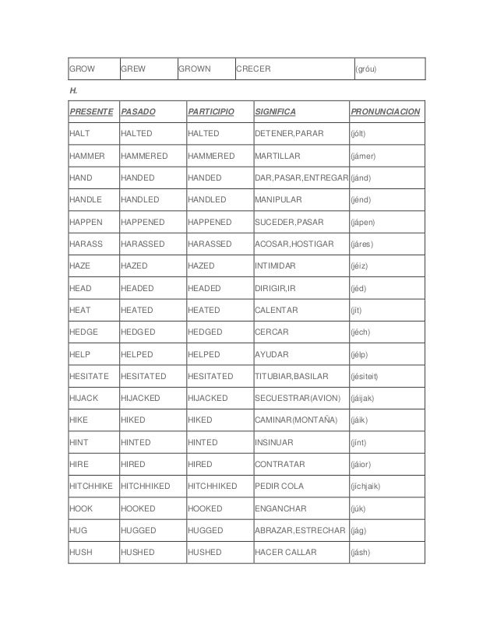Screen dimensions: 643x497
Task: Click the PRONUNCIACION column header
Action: pos(386,112)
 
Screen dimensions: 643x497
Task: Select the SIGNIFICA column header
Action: pos(275,112)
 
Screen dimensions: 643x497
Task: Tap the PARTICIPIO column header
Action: pos(210,112)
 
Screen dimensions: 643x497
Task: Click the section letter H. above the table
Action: pos(73,91)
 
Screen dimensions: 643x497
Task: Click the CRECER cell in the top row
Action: pos(253,69)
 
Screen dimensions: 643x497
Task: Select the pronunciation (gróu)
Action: pos(370,69)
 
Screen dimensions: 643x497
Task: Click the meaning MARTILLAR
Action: pos(278,156)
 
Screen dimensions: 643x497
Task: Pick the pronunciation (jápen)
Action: pos(363,222)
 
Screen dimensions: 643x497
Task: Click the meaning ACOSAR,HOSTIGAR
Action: pos(294,244)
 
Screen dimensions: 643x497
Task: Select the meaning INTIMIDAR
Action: pos(275,266)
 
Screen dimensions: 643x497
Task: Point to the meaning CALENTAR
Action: pos(277,310)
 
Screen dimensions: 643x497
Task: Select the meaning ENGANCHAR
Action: pos(280,508)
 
